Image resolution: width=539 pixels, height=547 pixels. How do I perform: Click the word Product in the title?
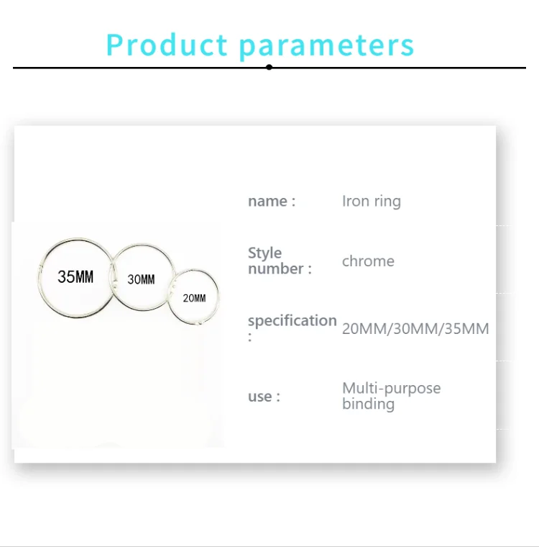coord(167,45)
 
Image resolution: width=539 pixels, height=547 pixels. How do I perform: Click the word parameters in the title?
coord(327,47)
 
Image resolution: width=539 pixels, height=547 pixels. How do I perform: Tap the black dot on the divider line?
coord(269,67)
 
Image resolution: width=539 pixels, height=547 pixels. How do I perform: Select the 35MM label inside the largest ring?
coord(75,276)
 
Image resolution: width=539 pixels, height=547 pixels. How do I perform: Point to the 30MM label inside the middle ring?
coord(141,279)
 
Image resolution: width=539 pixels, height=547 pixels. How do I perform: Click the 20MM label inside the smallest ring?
coord(195,298)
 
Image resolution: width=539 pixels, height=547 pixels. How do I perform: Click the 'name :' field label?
coord(272,202)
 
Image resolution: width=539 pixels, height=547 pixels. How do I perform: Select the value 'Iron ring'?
coord(372,202)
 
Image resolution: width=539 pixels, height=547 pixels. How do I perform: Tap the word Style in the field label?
coord(264,253)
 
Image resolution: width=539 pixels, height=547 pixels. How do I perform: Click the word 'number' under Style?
coord(276,268)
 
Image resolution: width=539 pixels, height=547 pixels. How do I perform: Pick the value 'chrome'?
coord(368,261)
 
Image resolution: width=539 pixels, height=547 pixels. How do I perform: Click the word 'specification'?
coord(292,321)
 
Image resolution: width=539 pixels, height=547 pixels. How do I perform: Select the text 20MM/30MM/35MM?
coord(415,329)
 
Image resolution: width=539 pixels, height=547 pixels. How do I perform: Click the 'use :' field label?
coord(264,397)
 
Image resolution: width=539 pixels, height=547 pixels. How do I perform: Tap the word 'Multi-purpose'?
coord(392,388)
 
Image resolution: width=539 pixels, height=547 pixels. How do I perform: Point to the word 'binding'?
coord(368,404)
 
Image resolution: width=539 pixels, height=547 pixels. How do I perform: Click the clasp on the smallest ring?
coord(199,322)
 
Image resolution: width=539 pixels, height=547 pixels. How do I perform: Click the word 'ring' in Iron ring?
coord(387,202)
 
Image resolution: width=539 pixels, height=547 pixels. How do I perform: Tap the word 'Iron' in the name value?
coord(356,201)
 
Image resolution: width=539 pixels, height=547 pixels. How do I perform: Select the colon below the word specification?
coord(250,337)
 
